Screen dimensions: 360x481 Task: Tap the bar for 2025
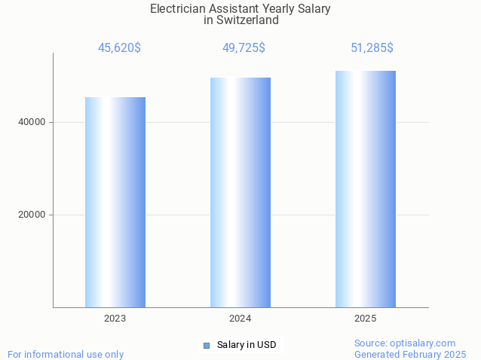[366, 189]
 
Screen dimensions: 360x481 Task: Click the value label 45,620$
[119, 48]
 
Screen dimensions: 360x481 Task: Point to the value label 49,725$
[244, 48]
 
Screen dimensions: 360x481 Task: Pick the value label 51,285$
[372, 48]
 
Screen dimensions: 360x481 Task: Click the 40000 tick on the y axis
[32, 122]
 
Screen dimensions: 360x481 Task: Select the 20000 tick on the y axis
[32, 215]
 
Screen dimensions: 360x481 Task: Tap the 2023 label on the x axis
[115, 319]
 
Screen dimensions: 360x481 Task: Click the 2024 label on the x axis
[240, 319]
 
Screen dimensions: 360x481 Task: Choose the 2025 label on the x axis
[366, 319]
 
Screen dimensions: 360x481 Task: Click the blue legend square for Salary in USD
[206, 346]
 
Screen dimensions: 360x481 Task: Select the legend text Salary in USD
[247, 345]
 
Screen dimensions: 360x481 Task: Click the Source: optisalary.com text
[405, 343]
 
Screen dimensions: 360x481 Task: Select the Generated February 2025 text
[410, 354]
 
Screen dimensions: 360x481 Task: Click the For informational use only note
[66, 354]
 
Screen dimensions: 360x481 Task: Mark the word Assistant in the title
[234, 9]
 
